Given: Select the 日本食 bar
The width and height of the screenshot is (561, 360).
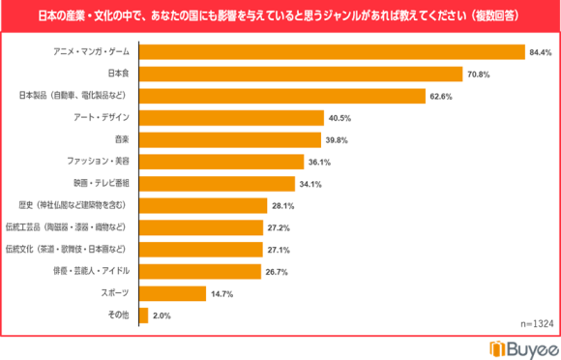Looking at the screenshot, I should coord(301,74).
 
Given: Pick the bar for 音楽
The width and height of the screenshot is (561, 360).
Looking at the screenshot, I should coord(231,139).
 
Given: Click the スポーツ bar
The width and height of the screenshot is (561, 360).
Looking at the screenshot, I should coord(172,293).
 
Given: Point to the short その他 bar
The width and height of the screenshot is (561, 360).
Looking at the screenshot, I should coord(144,315).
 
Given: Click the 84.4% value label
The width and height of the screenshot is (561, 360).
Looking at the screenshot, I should coord(540,51).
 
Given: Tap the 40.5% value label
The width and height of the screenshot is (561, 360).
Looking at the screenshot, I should coord(340,118).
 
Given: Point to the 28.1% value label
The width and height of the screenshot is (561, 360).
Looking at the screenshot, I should coord(282,206).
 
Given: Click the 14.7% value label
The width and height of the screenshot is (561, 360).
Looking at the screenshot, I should coord(221,293).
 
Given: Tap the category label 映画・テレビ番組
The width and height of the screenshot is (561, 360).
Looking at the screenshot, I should coord(101,184).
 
